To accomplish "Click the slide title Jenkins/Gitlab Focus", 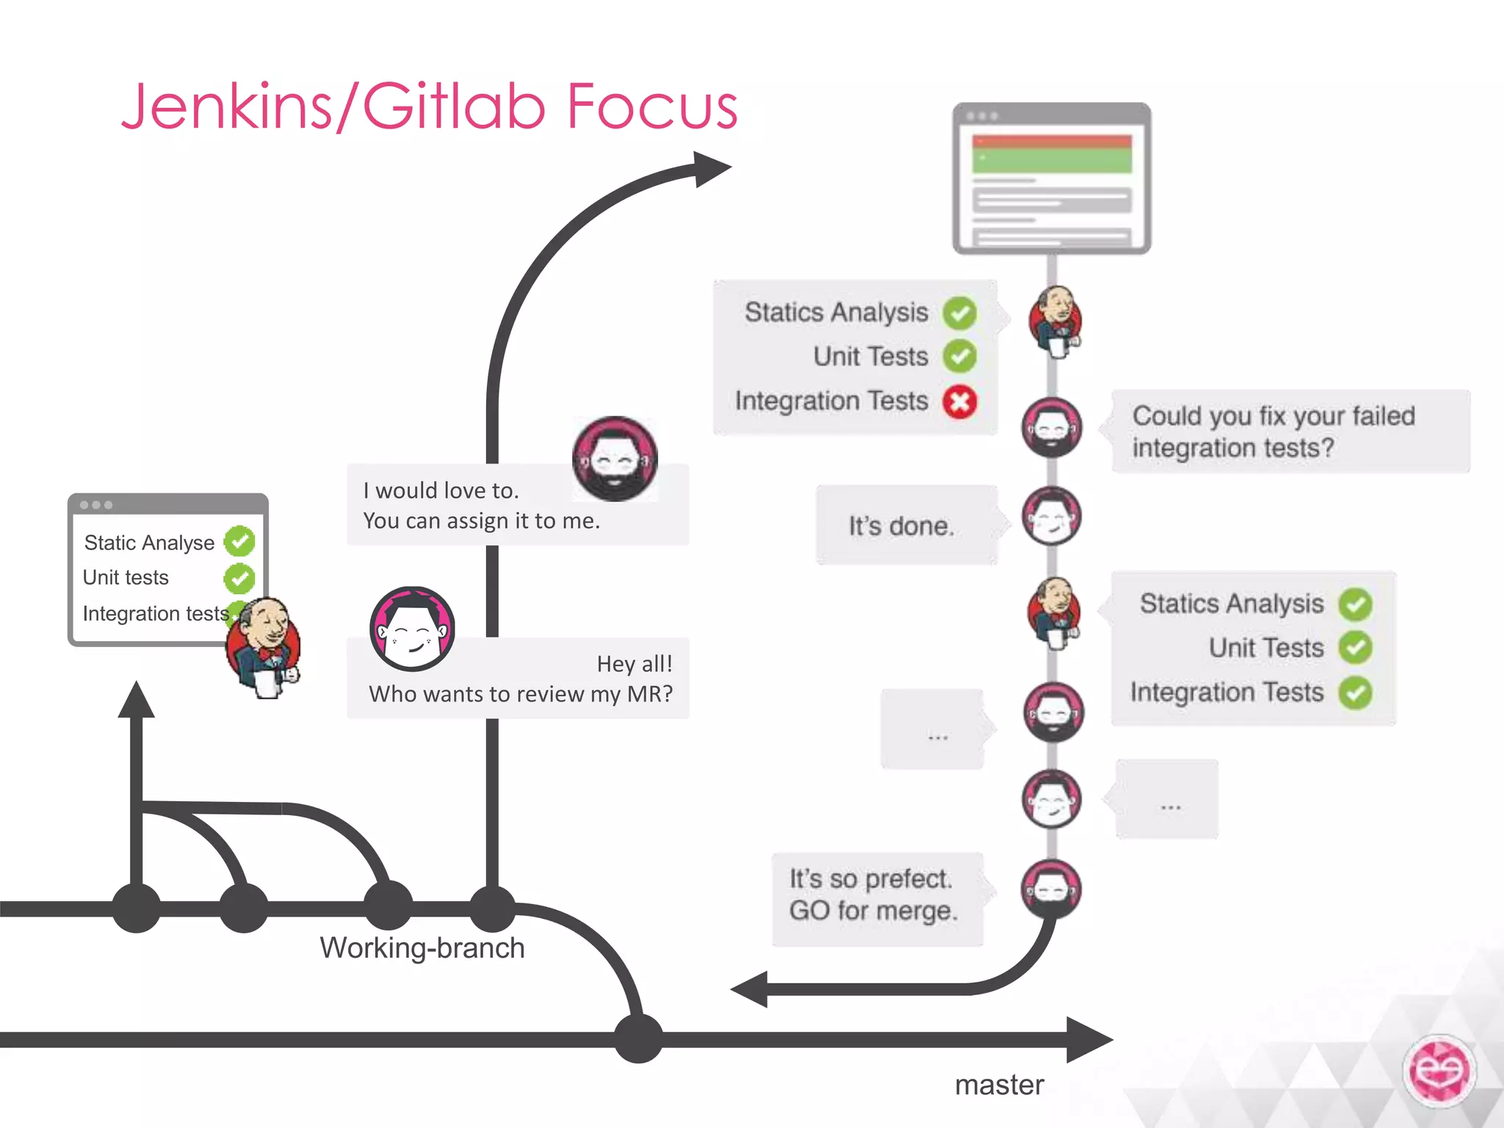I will tap(430, 107).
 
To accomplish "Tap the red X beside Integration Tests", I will tap(960, 402).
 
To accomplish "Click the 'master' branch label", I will tap(999, 1085).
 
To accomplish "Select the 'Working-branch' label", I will tap(422, 948).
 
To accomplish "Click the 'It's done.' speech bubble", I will tap(902, 526).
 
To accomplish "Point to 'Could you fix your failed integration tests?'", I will tap(1273, 432).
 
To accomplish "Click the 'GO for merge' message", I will tap(873, 911).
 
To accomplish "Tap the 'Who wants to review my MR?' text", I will tap(521, 694).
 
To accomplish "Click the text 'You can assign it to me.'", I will tap(481, 521).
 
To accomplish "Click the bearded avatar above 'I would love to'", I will tap(615, 459).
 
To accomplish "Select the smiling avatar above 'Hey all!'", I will tap(412, 629).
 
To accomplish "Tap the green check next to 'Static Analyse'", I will tap(239, 542).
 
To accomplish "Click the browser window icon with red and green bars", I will tap(1051, 178).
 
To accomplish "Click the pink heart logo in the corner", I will tap(1439, 1071).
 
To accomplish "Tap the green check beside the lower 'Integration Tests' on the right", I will tap(1355, 693).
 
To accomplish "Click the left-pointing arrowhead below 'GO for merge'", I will tap(749, 989).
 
